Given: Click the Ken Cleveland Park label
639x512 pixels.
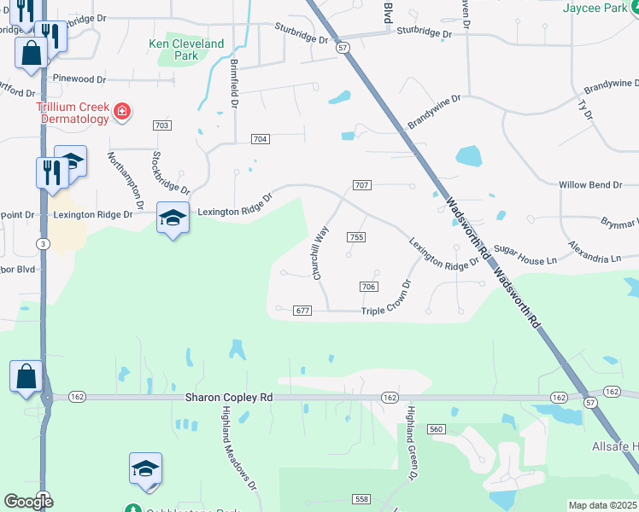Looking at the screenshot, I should [x=186, y=49].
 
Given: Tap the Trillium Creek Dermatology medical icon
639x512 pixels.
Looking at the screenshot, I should [x=122, y=111].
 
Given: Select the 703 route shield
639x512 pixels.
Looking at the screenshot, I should [x=162, y=125].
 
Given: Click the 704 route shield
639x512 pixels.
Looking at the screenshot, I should [x=261, y=139].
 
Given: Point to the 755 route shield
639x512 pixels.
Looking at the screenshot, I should [x=356, y=237].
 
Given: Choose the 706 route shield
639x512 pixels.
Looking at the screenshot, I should [x=369, y=287].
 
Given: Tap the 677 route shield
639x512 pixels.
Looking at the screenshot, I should [x=301, y=311].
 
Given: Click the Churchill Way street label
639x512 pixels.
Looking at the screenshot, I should [x=321, y=253].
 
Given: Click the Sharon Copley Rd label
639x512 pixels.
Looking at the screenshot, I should [x=229, y=398].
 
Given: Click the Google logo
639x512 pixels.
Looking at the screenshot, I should [x=28, y=502].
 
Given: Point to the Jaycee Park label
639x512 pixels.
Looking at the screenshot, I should [x=600, y=8].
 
